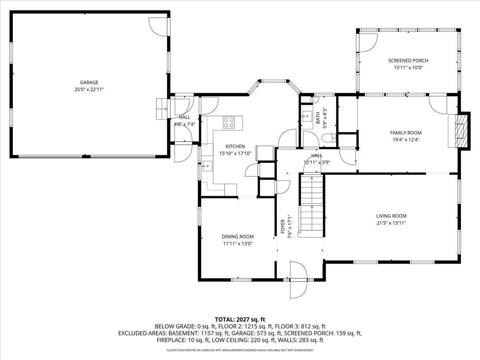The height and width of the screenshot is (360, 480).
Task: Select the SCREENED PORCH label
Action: [x=408, y=61]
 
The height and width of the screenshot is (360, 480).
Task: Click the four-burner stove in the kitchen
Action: [x=229, y=122]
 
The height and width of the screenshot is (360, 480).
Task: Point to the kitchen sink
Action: [x=207, y=165]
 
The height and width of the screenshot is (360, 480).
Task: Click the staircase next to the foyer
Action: [x=311, y=206]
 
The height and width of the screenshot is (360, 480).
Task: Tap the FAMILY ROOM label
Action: [x=406, y=133]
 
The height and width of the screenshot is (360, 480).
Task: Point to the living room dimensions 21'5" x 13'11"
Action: [x=391, y=223]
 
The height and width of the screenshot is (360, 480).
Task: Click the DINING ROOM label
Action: [x=238, y=236]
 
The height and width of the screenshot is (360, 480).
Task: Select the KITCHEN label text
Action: [x=235, y=146]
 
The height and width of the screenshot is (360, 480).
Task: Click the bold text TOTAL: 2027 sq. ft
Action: [x=240, y=319]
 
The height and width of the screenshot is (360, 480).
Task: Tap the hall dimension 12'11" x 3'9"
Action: [x=317, y=162]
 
